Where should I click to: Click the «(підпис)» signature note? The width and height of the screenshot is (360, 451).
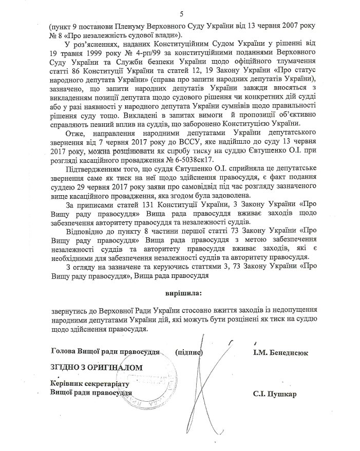190,353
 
